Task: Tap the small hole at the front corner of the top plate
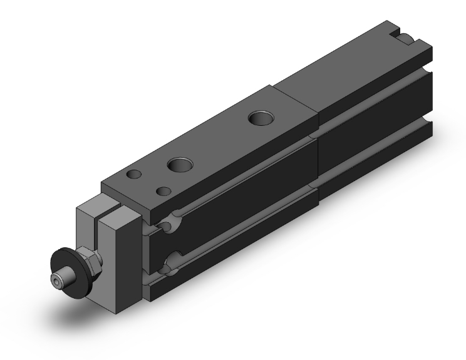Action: pos(133,175)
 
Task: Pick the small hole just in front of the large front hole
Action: pos(164,190)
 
